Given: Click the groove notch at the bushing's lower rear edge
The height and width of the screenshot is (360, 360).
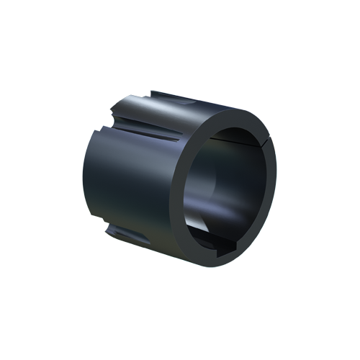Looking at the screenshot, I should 115,234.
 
